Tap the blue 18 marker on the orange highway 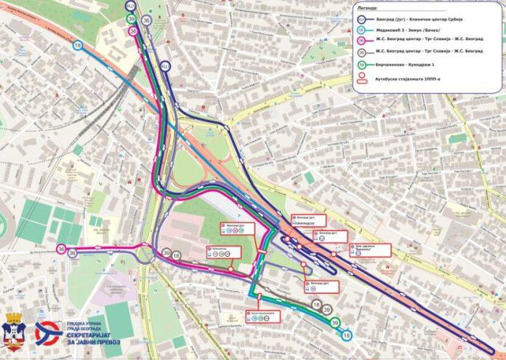click(78, 46)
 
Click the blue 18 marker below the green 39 click(346, 335)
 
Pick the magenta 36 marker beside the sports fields click(62, 249)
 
